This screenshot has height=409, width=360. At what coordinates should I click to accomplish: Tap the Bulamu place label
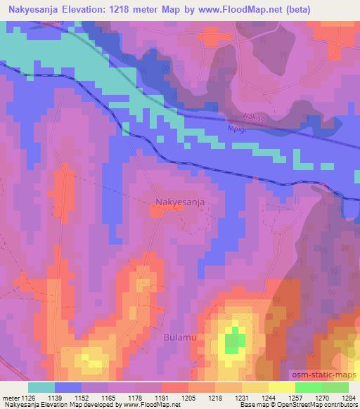tap(181, 338)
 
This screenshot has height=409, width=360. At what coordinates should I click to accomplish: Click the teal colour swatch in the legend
tap(41, 387)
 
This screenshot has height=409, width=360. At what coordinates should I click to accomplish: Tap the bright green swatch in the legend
tap(308, 387)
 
